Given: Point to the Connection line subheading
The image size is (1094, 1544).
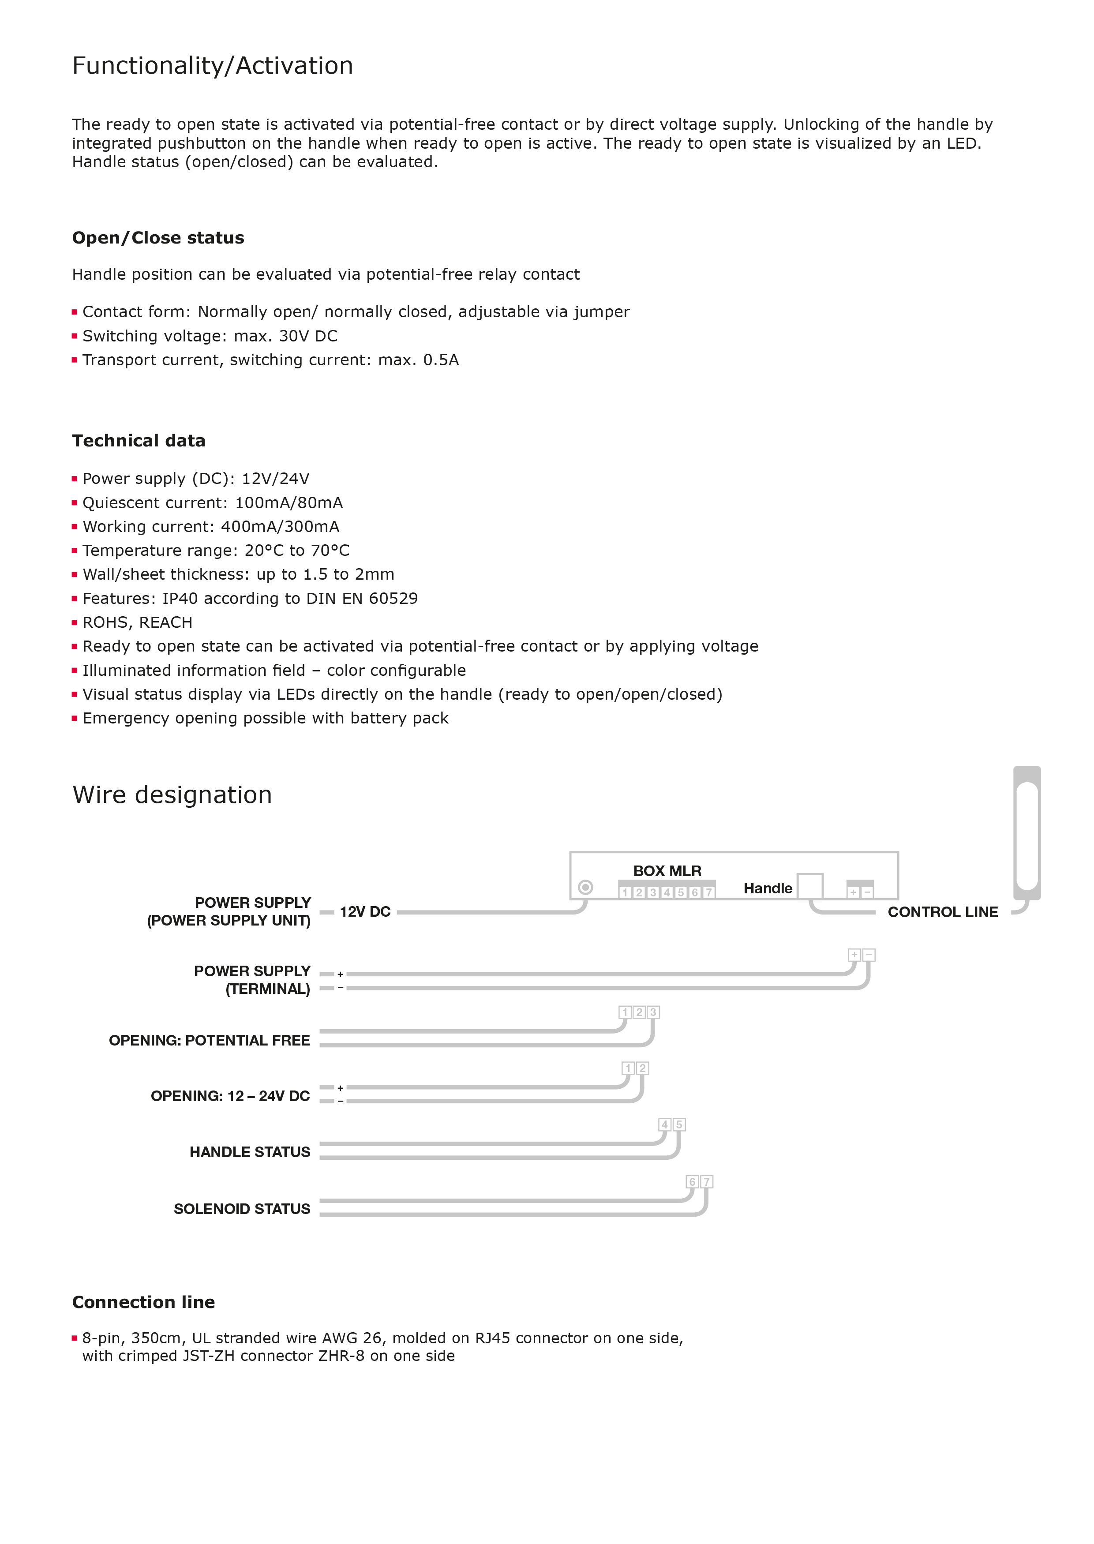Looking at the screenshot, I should click(x=143, y=1302).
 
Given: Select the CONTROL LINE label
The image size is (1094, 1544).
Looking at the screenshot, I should click(x=942, y=912).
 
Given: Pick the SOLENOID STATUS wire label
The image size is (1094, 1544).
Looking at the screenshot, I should click(x=241, y=1209).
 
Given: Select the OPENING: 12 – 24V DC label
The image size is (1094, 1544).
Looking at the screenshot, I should click(x=230, y=1096).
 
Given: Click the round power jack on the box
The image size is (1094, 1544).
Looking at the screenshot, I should click(x=585, y=887).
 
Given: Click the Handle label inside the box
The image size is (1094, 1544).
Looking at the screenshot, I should click(x=767, y=888).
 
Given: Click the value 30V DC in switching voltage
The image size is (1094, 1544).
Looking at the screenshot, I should click(x=308, y=336).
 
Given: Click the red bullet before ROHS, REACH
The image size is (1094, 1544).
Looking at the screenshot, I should click(x=75, y=622).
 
